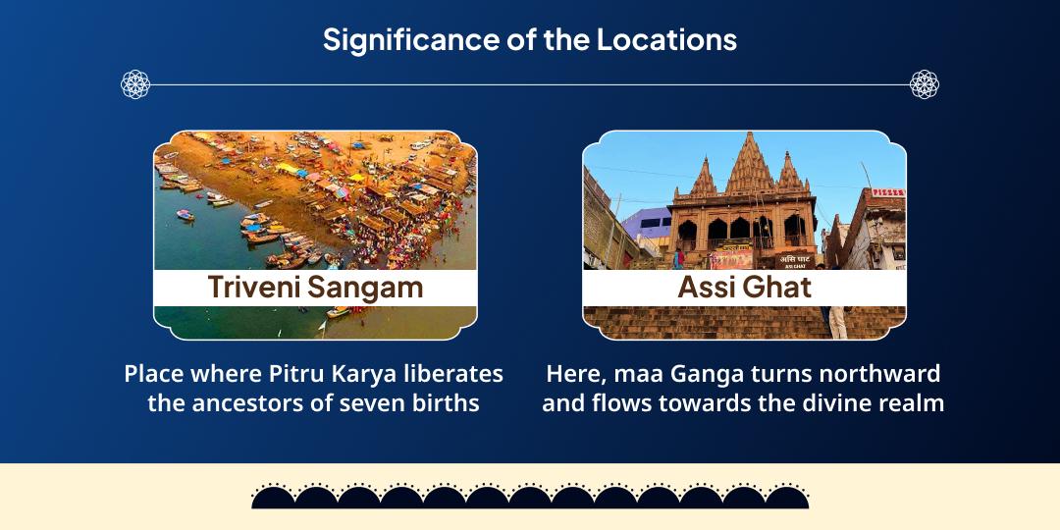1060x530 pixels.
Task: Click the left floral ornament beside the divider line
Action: [x=135, y=84]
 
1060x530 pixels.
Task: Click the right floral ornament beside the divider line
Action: [x=924, y=84]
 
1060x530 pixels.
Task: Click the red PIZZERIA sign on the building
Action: [x=889, y=193]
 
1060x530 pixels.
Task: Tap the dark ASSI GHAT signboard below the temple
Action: [x=794, y=260]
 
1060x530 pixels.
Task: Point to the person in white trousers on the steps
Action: [x=837, y=320]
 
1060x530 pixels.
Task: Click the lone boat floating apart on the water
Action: [x=185, y=215]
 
